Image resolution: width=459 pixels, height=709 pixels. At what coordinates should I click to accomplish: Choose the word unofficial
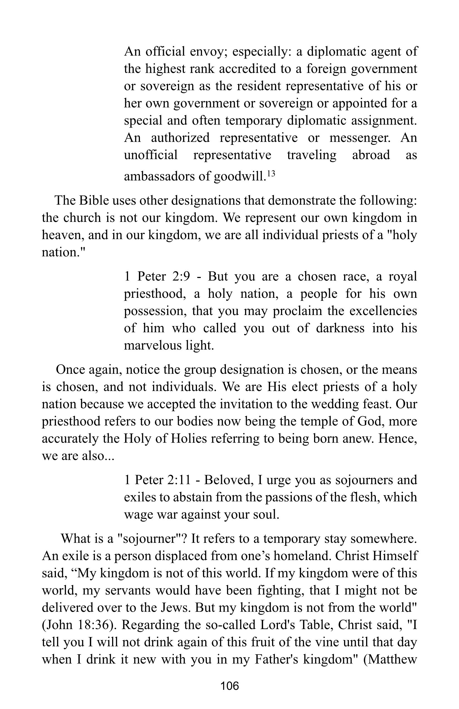[150, 155]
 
